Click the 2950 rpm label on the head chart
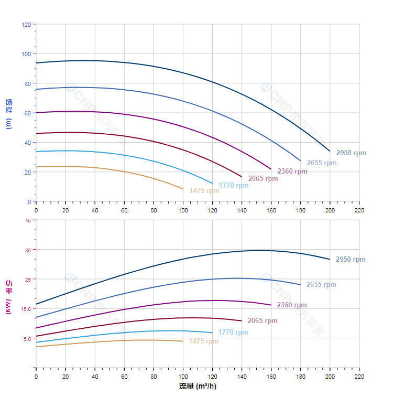tap(351, 153)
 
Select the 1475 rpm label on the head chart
tap(204, 191)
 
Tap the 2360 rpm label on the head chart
tap(292, 172)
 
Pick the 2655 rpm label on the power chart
tap(321, 285)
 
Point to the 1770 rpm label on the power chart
tap(233, 332)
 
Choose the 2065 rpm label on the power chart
tap(262, 320)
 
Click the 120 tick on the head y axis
tap(26, 25)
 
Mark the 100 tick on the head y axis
tap(26, 54)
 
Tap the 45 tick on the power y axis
tap(28, 220)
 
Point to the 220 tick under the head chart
tap(359, 210)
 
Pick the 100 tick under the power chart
tap(183, 377)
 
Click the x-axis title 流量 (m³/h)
tap(198, 387)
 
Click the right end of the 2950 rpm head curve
tap(330, 151)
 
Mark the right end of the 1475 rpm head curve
tap(183, 189)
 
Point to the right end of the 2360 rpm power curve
tap(271, 305)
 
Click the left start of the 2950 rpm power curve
tap(36, 304)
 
